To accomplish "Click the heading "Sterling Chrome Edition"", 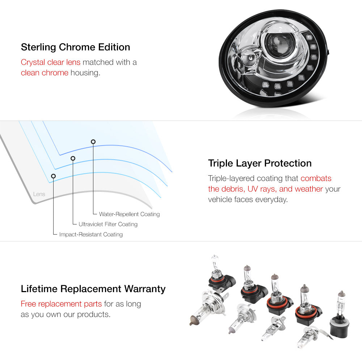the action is [76, 47].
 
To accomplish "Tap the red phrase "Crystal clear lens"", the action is [51, 62].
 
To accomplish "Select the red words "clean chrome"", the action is [45, 73].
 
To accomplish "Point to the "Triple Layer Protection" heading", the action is [260, 163].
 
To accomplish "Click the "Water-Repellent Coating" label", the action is [129, 214].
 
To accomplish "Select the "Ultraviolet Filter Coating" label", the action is [108, 224].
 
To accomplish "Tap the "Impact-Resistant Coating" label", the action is [91, 234].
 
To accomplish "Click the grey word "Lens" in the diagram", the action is [39, 194].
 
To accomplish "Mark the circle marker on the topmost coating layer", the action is [93, 142].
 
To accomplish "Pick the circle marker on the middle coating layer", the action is [73, 158].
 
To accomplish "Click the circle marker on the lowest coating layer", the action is [53, 176].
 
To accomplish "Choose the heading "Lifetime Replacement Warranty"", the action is [93, 289].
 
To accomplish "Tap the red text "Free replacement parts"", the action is [61, 304].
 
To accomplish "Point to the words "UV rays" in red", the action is [262, 189].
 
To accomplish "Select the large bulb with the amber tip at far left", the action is [207, 308].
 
